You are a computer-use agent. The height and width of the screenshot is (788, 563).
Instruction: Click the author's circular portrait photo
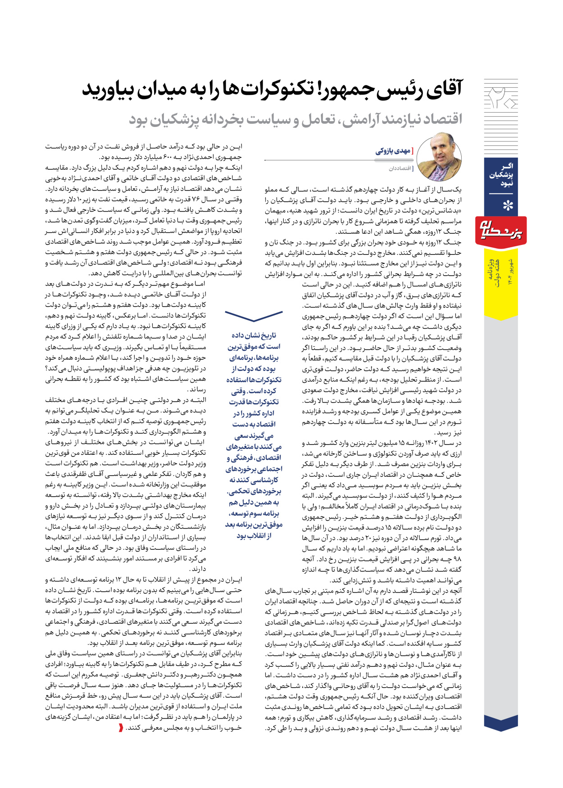(440, 157)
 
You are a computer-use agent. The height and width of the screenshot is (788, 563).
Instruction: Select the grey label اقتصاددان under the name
(400, 168)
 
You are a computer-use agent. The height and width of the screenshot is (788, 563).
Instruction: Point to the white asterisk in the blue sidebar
(508, 206)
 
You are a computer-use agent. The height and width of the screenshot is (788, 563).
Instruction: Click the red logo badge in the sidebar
(501, 231)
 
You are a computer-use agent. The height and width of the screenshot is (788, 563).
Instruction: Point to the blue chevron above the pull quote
(254, 316)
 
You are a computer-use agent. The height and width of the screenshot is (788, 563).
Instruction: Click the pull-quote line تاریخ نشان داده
(254, 335)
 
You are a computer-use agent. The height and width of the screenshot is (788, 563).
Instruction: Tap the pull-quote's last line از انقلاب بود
(254, 535)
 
